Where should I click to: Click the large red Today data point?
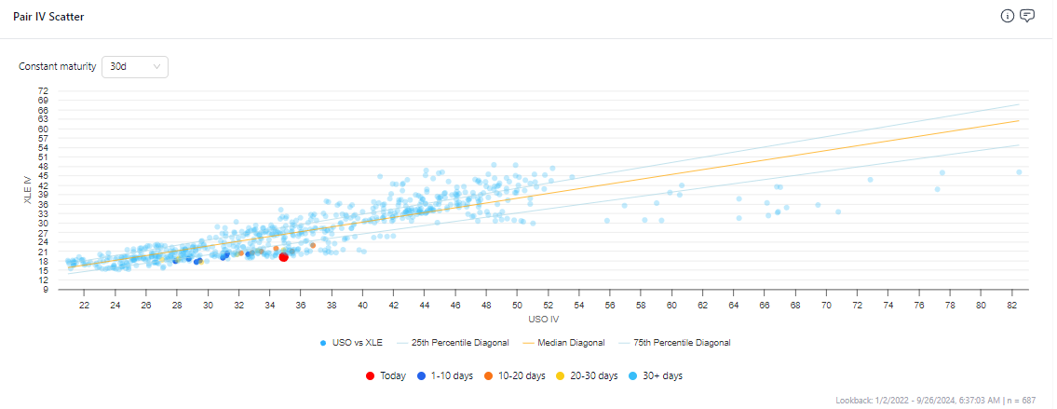[283, 257]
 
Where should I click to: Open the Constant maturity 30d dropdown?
[134, 67]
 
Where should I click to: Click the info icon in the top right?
[1007, 16]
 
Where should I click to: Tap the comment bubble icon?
[1027, 16]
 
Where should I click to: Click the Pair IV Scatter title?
[48, 17]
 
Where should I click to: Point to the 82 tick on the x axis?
[1011, 305]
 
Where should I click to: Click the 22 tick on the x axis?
[84, 305]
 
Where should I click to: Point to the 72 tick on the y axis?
[43, 90]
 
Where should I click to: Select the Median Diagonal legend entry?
[564, 343]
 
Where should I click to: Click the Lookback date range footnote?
[942, 400]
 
